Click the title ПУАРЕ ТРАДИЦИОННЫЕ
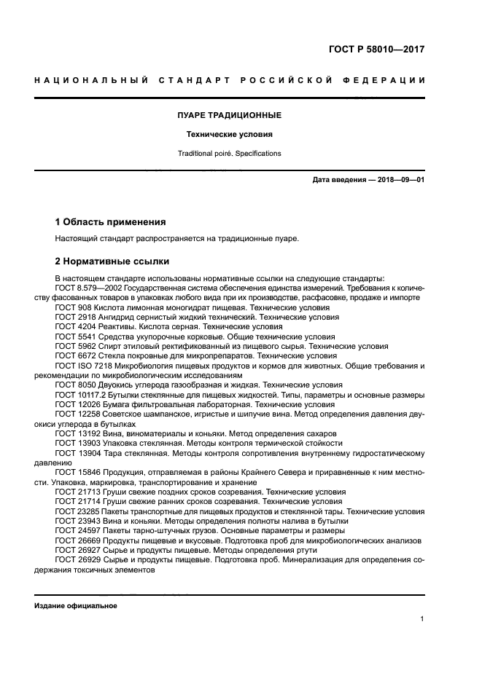(x=229, y=115)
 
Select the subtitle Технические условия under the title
(x=229, y=134)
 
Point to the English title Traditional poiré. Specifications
(x=229, y=154)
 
